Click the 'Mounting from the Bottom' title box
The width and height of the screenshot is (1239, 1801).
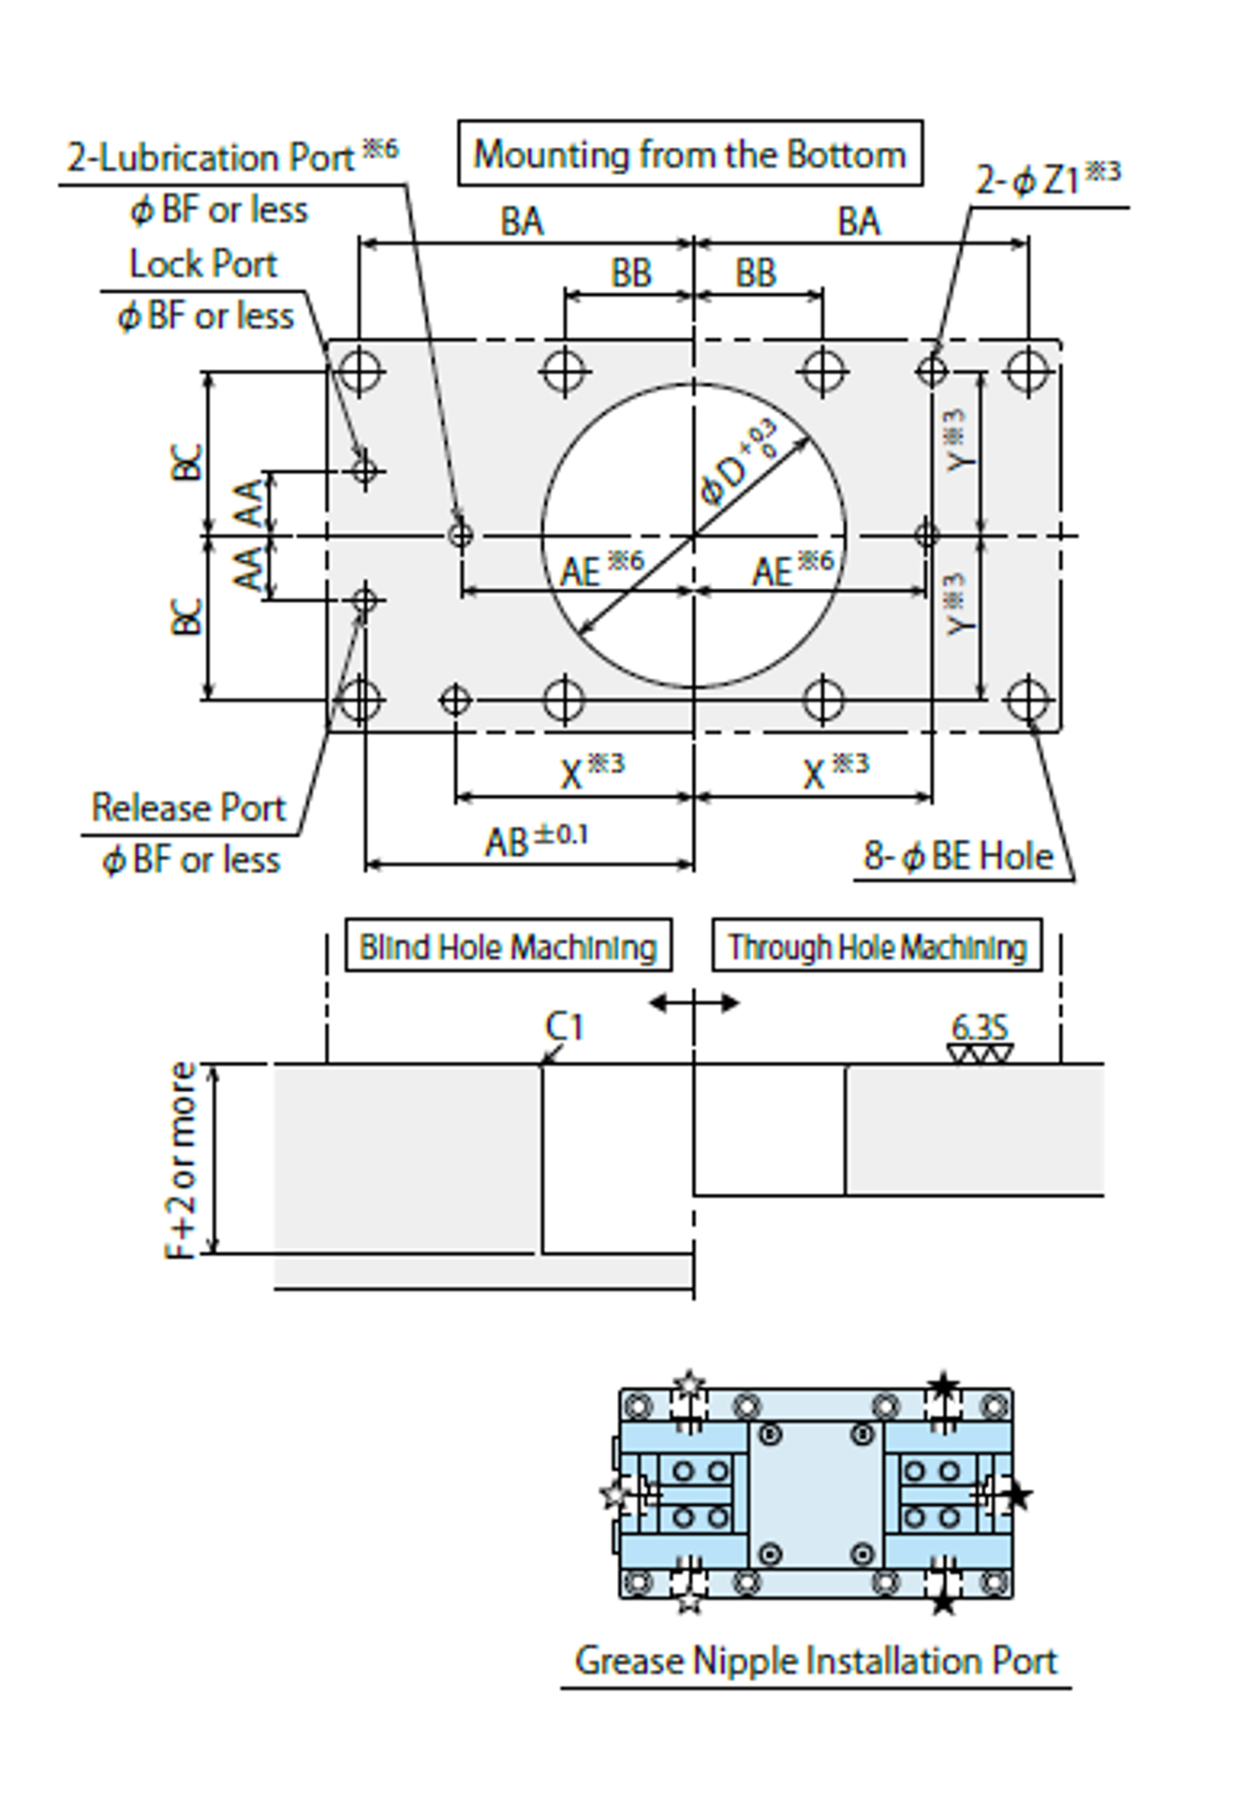click(689, 154)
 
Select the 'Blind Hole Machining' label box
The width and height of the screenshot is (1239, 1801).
click(508, 946)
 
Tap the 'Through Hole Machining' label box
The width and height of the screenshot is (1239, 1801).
click(877, 946)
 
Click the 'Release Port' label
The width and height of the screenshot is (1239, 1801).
click(188, 807)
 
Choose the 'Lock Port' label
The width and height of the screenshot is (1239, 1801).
click(202, 264)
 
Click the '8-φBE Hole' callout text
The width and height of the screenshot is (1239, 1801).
click(957, 856)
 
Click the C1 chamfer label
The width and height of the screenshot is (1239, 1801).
click(564, 1027)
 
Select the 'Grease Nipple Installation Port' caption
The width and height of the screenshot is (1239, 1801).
click(815, 1661)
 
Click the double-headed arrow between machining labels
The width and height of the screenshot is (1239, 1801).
click(694, 1003)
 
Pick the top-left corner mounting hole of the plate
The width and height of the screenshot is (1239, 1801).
click(360, 370)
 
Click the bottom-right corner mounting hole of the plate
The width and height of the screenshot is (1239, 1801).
click(1027, 700)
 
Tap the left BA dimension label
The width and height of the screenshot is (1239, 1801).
click(522, 222)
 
